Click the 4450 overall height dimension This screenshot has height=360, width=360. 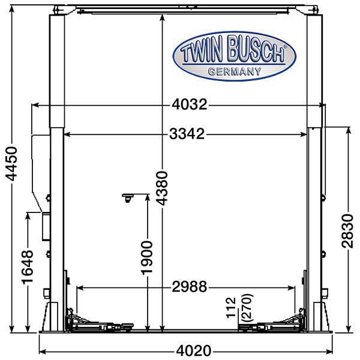tap(11, 164)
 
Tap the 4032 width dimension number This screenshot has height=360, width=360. tap(190, 104)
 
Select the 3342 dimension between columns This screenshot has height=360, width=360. tap(187, 134)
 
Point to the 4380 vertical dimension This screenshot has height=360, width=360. tap(162, 188)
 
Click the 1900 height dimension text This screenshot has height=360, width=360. tap(146, 257)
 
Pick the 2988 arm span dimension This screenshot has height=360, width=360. tap(190, 287)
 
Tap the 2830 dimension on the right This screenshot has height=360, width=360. tap(347, 231)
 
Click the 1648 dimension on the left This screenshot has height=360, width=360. tap(28, 267)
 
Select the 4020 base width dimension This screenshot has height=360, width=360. tap(193, 351)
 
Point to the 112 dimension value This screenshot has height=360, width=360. tap(231, 308)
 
